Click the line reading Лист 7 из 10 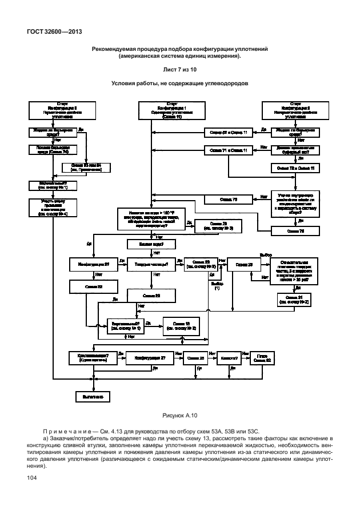(180, 69)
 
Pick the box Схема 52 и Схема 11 (226, 133)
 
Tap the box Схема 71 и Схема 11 (226, 150)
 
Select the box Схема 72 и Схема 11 (295, 168)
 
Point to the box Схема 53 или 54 (86, 167)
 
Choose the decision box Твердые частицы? (151, 264)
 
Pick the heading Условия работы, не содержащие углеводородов (180, 83)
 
